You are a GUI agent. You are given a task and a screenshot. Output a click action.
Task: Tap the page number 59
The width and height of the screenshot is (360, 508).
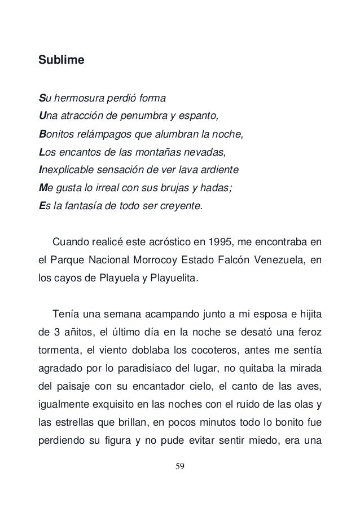(x=180, y=482)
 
